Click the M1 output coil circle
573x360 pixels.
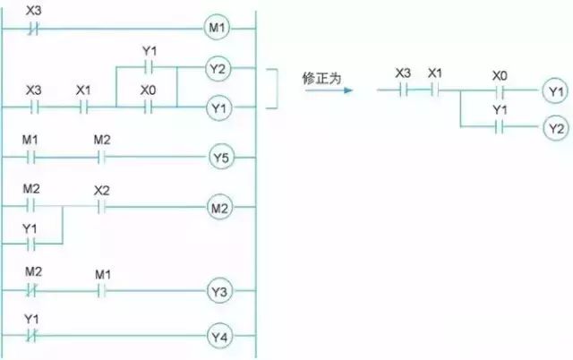coord(218,29)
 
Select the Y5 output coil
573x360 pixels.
coord(220,159)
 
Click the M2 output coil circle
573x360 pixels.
coord(220,209)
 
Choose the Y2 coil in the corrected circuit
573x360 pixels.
coord(555,129)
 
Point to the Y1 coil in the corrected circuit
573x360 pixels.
coord(555,91)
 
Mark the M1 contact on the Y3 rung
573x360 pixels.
coord(101,291)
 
